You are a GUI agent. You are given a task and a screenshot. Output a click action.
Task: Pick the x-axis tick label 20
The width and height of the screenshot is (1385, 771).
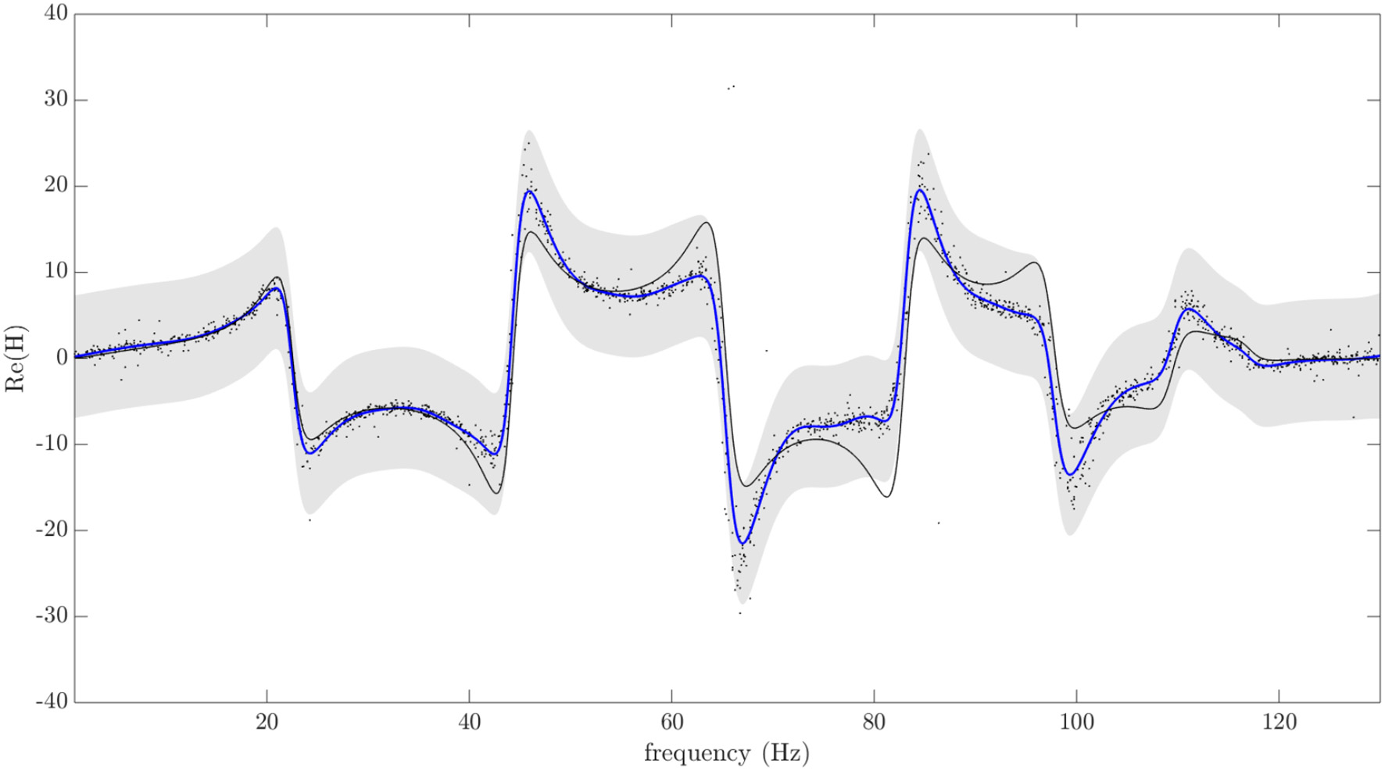pyautogui.click(x=267, y=723)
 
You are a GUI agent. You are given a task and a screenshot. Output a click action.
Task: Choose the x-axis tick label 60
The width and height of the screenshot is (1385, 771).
pyautogui.click(x=671, y=723)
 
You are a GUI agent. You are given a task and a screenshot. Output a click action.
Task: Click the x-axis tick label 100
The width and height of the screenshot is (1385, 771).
pyautogui.click(x=1076, y=723)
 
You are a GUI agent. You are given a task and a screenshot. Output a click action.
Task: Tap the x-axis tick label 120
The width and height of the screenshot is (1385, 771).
pyautogui.click(x=1279, y=723)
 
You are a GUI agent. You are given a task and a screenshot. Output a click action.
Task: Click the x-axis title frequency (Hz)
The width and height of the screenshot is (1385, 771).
pyautogui.click(x=726, y=753)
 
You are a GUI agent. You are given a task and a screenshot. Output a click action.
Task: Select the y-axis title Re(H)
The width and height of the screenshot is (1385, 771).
pyautogui.click(x=16, y=358)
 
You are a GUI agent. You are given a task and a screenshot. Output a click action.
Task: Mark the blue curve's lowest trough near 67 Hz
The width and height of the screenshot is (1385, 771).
pyautogui.click(x=743, y=543)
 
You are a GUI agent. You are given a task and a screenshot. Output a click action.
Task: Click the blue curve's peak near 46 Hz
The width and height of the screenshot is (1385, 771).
pyautogui.click(x=529, y=191)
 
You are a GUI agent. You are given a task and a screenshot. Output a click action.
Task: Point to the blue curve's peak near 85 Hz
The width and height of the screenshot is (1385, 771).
pyautogui.click(x=921, y=191)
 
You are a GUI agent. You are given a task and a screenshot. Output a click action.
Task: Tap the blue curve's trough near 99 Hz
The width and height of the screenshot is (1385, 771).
pyautogui.click(x=1070, y=474)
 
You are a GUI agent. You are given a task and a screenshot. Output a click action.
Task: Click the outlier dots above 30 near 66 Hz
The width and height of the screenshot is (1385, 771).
pyautogui.click(x=731, y=87)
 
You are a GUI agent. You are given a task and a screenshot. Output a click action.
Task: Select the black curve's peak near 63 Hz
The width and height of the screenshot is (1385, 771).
pyautogui.click(x=706, y=223)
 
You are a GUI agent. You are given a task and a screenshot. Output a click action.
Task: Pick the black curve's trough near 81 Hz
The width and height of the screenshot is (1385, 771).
pyautogui.click(x=886, y=497)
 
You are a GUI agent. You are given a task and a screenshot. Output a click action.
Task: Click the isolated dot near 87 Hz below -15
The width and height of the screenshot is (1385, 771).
pyautogui.click(x=938, y=523)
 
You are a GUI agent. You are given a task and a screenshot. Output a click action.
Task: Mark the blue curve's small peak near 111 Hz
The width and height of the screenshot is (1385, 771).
pyautogui.click(x=1188, y=309)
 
